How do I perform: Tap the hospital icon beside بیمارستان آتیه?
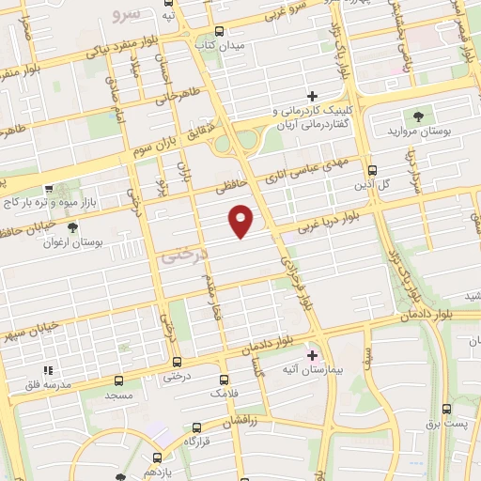313,356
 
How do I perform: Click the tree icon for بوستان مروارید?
418,117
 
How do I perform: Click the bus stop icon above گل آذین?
373,170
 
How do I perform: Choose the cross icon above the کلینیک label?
313,96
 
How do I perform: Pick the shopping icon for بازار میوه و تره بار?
50,189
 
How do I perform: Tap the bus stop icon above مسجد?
118,380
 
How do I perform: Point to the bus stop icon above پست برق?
446,410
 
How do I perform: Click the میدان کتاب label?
225,45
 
